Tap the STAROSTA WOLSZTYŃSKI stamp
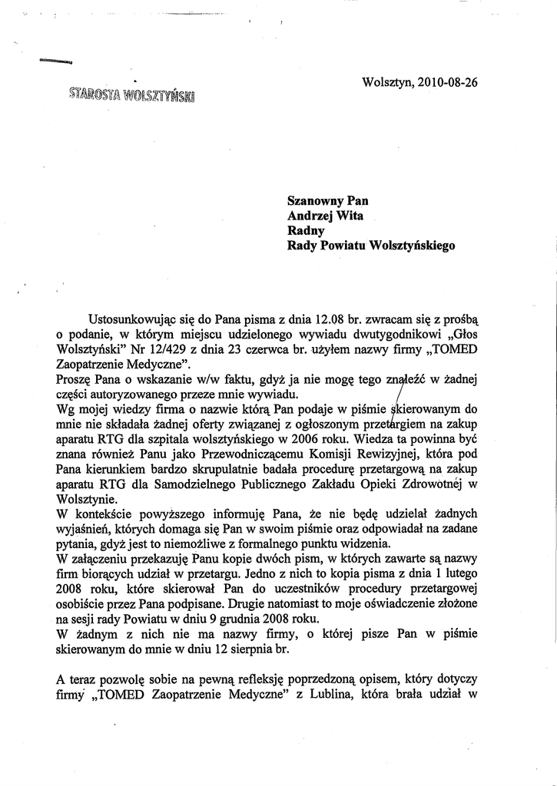pyautogui.click(x=131, y=96)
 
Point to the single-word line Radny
pyautogui.click(x=306, y=230)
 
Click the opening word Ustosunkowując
pyautogui.click(x=133, y=317)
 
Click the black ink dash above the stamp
pyautogui.click(x=55, y=61)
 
